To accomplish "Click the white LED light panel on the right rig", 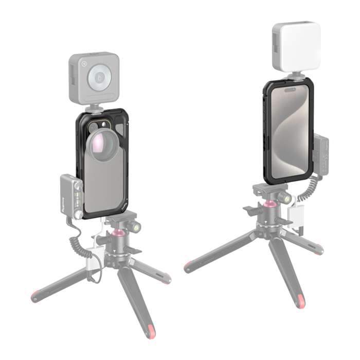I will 296,46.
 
